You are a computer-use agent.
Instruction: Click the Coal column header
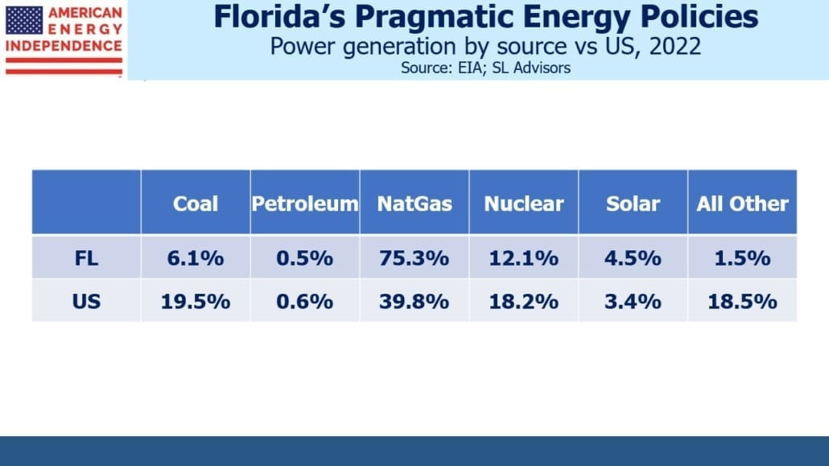[x=195, y=204]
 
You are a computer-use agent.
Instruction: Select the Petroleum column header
[x=305, y=204]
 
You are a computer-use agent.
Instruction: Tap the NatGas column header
[x=414, y=204]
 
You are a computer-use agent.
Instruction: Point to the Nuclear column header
[x=524, y=204]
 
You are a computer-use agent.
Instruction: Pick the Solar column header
[x=633, y=204]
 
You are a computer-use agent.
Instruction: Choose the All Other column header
[x=742, y=204]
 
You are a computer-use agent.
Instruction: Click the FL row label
[x=86, y=258]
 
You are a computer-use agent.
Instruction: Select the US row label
[x=86, y=302]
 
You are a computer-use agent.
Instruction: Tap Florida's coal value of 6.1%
[x=195, y=258]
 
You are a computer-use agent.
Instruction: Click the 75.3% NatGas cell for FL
[x=414, y=258]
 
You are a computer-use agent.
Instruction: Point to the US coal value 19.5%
[x=195, y=302]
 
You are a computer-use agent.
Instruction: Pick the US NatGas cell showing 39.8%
[x=414, y=302]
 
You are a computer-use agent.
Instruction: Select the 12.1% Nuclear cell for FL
[x=524, y=258]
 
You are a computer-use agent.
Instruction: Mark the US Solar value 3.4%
[x=633, y=302]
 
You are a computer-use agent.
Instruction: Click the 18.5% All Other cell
[x=742, y=302]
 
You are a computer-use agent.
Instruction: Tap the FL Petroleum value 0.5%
[x=305, y=258]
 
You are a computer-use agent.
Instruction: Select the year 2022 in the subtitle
[x=675, y=47]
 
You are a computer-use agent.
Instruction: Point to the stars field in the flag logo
[x=24, y=20]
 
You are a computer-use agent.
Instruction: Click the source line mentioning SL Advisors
[x=485, y=68]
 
